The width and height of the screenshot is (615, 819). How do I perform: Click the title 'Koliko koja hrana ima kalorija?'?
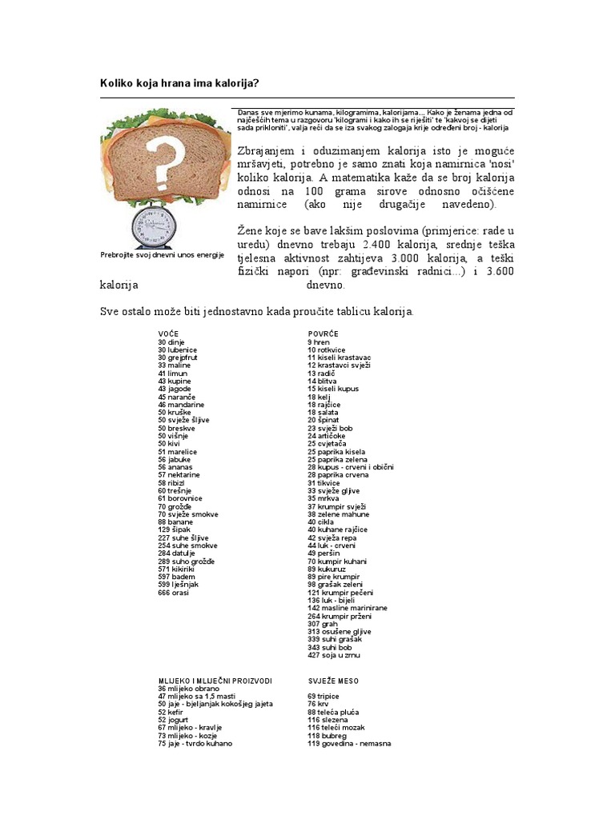coord(191,83)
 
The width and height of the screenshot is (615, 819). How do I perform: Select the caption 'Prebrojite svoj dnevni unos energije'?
coord(162,255)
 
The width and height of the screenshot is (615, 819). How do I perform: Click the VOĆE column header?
coord(169,334)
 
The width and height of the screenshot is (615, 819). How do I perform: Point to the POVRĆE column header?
coord(323,334)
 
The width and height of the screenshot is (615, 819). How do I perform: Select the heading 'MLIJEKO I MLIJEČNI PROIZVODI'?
coord(215,681)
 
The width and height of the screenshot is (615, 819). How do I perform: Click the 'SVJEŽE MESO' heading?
coord(333,681)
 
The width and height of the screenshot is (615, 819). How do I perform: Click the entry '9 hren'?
coord(318,342)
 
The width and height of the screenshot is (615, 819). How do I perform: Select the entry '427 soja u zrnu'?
coord(334,655)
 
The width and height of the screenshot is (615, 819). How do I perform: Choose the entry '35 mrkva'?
coord(324,498)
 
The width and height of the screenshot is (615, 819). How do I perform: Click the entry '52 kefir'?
coord(172,712)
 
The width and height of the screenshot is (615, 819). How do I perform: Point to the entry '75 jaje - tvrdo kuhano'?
coord(195,743)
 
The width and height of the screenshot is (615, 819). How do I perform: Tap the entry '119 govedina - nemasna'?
coord(349,743)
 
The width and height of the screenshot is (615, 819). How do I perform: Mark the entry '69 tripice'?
coord(324,696)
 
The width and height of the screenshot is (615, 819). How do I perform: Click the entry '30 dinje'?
coord(171,342)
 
